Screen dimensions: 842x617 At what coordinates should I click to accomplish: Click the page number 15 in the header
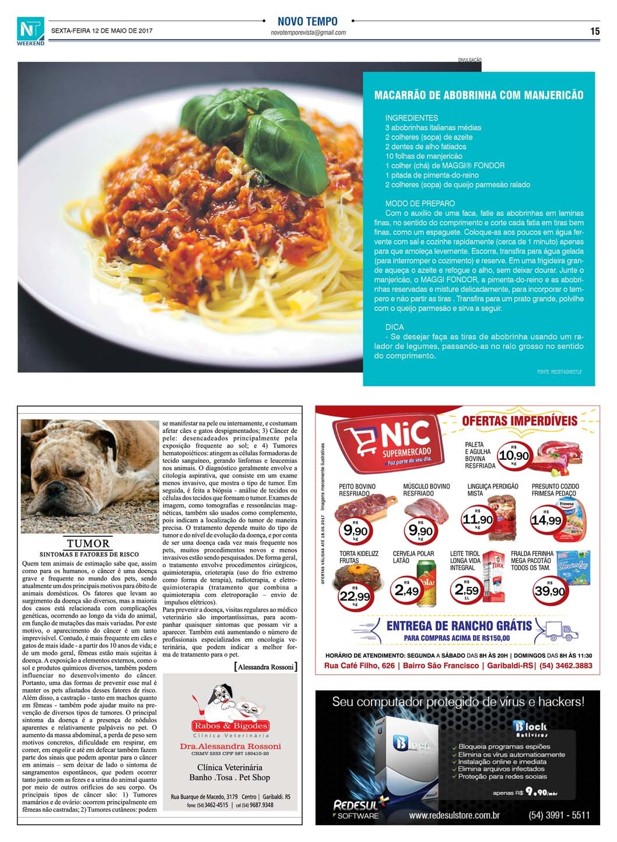[594, 32]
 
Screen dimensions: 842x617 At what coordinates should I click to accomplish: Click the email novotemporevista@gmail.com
[308, 33]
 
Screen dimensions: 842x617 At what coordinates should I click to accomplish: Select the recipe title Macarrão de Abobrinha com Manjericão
[478, 95]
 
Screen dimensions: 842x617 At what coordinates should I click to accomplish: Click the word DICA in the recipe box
[394, 327]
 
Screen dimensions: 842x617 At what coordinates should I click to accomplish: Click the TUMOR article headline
[88, 543]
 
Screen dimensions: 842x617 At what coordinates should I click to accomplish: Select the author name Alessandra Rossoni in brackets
[265, 666]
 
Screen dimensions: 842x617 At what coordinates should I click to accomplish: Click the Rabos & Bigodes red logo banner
[231, 726]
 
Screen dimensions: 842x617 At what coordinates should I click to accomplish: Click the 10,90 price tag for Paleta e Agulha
[514, 456]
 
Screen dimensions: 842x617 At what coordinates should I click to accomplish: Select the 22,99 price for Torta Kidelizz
[355, 596]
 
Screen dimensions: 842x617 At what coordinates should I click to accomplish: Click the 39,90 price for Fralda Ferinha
[549, 591]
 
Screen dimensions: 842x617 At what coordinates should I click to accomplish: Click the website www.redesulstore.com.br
[454, 815]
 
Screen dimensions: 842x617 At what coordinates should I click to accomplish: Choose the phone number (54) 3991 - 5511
[559, 815]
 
